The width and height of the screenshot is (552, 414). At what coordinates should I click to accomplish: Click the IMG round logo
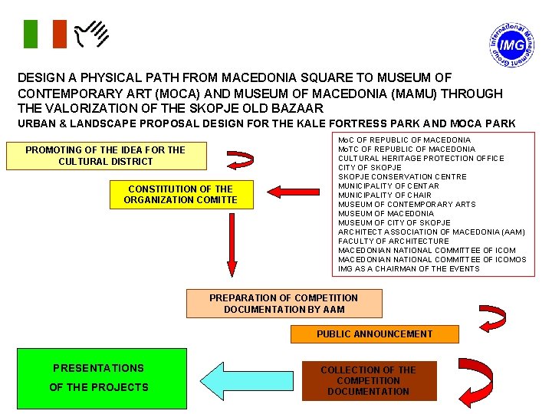pyautogui.click(x=511, y=46)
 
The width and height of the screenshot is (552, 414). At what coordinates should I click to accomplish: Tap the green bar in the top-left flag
pyautogui.click(x=30, y=34)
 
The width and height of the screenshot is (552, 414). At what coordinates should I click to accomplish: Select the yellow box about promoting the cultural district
pyautogui.click(x=106, y=156)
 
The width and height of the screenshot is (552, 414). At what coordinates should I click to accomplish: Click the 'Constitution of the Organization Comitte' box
pyautogui.click(x=181, y=195)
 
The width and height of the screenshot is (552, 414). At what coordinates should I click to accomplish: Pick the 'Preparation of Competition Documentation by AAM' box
pyautogui.click(x=284, y=304)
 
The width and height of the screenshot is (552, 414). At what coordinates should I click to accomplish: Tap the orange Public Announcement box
pyautogui.click(x=374, y=334)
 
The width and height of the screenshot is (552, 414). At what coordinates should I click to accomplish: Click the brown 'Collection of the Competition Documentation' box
pyautogui.click(x=368, y=381)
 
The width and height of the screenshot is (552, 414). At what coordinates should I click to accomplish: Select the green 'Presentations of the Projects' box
pyautogui.click(x=99, y=379)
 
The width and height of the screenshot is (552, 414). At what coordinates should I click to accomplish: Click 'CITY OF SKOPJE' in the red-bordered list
pyautogui.click(x=370, y=167)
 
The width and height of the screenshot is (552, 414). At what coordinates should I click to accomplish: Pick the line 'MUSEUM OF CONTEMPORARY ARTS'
pyautogui.click(x=406, y=204)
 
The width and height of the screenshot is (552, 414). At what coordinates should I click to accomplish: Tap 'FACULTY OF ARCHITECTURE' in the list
pyautogui.click(x=393, y=241)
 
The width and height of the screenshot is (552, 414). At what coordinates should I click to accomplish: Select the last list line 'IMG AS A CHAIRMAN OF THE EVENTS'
pyautogui.click(x=409, y=268)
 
